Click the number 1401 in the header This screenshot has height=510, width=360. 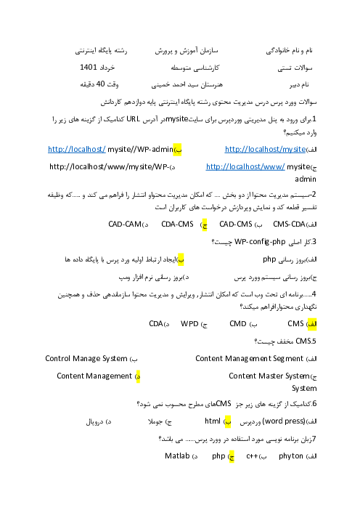click(89, 67)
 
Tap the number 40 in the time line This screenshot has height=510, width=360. click(100, 84)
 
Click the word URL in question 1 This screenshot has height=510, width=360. click(134, 119)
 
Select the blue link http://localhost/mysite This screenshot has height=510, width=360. click(265, 149)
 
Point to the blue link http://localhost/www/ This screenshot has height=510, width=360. click(245, 167)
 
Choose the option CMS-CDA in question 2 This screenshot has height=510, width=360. click(289, 224)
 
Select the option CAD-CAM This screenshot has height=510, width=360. click(125, 224)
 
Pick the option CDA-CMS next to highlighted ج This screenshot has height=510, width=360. click(177, 224)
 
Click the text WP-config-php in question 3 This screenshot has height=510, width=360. click(260, 242)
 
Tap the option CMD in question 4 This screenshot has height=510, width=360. click(238, 323)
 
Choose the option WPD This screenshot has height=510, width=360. click(189, 323)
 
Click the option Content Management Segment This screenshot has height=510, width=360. click(249, 358)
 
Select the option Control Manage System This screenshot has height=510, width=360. click(86, 358)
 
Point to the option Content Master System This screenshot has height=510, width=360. click(269, 376)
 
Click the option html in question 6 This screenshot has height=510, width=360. click(213, 421)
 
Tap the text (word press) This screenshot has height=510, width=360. click(283, 421)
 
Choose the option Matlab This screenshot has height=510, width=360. click(177, 456)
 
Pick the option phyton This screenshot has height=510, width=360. click(291, 456)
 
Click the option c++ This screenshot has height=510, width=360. click(252, 456)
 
